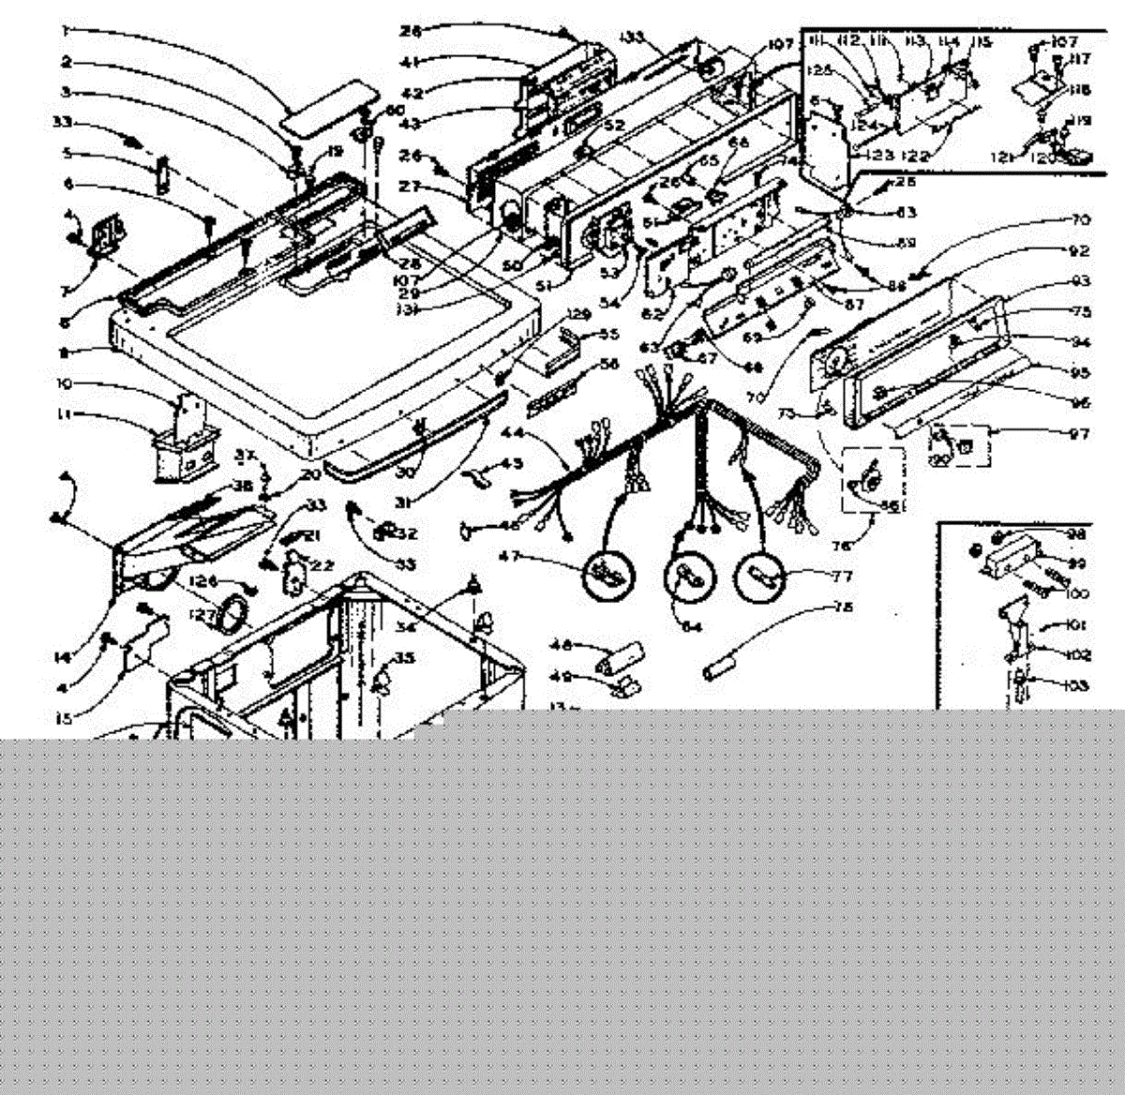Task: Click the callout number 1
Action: pos(66,31)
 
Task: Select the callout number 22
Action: pos(322,564)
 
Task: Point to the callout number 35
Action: pos(404,658)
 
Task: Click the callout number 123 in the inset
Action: pos(878,156)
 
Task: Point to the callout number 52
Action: pos(614,126)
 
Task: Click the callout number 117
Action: pos(1083,60)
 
